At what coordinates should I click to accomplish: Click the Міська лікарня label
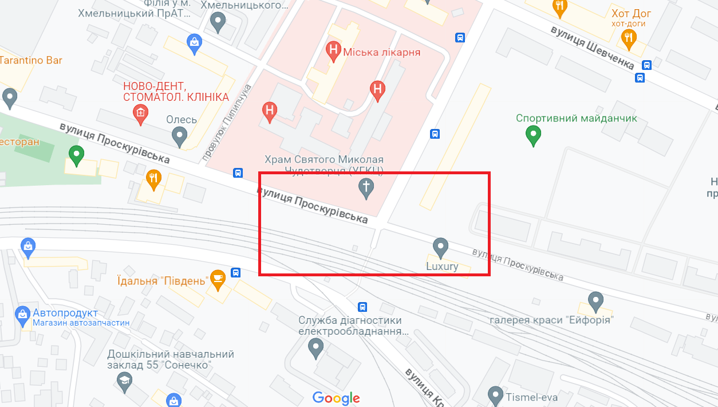tap(382, 52)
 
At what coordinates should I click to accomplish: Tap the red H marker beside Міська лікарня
tap(333, 50)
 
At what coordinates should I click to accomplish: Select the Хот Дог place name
tap(631, 13)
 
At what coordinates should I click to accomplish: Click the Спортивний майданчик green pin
tap(533, 136)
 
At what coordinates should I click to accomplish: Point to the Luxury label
tap(442, 267)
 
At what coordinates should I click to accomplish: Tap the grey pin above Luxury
tap(440, 248)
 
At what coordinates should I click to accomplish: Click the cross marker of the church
tap(366, 187)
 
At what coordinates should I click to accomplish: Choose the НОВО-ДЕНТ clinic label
tap(176, 92)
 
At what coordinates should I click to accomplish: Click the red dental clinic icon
tap(140, 113)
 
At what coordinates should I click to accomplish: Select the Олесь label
tap(182, 120)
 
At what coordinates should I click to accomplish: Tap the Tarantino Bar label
tap(31, 60)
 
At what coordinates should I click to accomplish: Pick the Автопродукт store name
tap(65, 314)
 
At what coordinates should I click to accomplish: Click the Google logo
tap(336, 398)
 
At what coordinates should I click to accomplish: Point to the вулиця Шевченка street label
tap(593, 46)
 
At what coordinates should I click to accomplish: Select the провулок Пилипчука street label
tap(227, 123)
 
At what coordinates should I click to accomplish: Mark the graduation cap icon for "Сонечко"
tap(124, 379)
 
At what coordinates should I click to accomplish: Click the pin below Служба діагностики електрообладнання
tap(315, 347)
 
